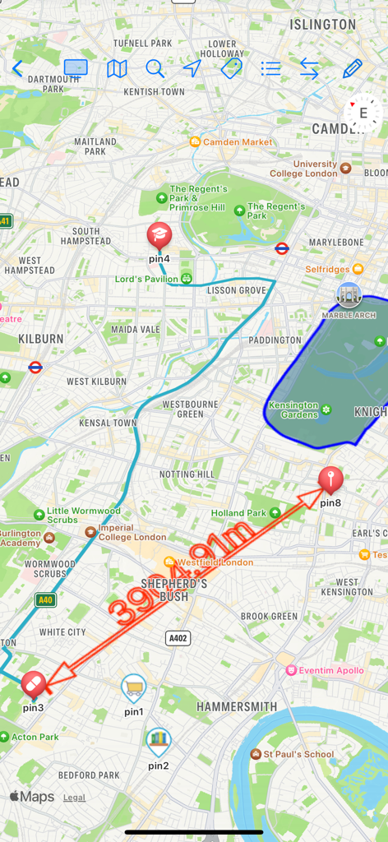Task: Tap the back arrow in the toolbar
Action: tap(17, 69)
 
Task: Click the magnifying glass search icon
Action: tap(155, 69)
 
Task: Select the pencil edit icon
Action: tap(352, 69)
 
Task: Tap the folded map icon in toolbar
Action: tap(117, 69)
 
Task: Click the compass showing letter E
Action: tap(362, 113)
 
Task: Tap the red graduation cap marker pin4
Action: tap(159, 236)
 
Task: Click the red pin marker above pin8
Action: tap(330, 479)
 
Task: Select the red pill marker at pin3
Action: tap(34, 682)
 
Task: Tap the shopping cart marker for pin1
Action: tap(133, 687)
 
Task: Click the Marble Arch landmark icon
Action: tap(349, 295)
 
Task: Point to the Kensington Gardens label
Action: tap(293, 409)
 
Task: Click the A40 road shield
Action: tap(45, 600)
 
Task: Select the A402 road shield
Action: tap(178, 637)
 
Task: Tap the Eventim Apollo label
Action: tap(330, 670)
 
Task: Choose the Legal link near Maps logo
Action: tap(74, 798)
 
